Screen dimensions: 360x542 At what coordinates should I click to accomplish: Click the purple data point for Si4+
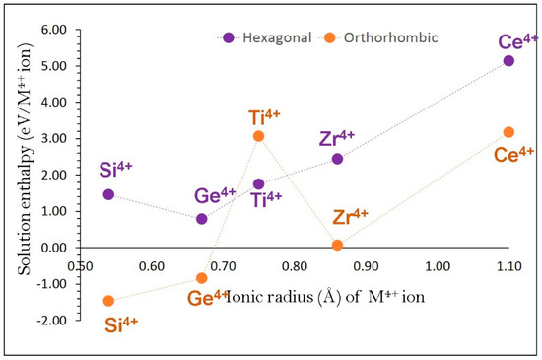[x=108, y=194]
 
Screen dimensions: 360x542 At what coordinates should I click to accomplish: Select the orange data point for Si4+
[x=108, y=301]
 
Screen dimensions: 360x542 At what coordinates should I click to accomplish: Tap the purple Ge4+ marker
[x=202, y=219]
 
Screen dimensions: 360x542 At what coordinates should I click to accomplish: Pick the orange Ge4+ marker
[x=202, y=278]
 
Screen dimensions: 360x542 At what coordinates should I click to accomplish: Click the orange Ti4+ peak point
[x=258, y=136]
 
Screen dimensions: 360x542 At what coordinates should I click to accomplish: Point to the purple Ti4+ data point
[x=258, y=184]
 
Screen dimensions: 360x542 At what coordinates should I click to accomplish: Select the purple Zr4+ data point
[x=337, y=159]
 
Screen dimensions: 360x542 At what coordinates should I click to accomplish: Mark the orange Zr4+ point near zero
[x=337, y=245]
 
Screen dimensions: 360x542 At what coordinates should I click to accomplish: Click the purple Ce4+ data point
[x=508, y=61]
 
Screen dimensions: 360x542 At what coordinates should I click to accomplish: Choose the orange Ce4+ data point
[x=508, y=132]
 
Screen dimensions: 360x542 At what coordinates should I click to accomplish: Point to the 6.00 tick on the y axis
[x=51, y=30]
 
